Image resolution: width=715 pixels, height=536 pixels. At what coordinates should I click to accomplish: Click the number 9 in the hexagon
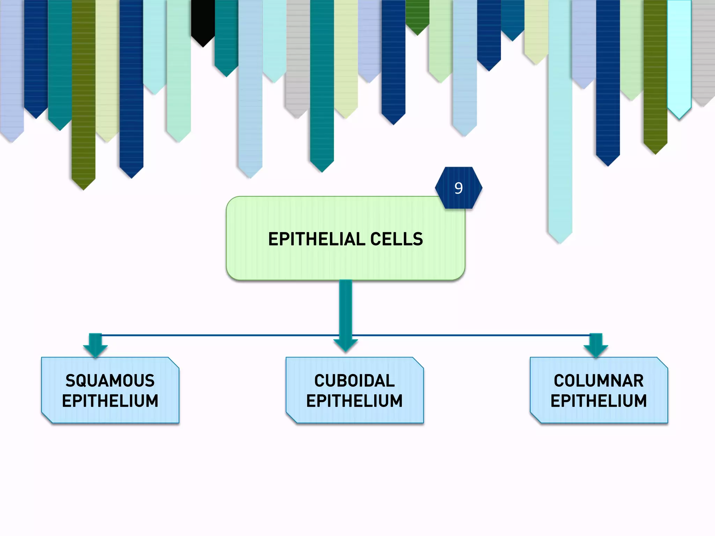[x=458, y=188]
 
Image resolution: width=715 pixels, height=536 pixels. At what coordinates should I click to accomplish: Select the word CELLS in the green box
[x=397, y=239]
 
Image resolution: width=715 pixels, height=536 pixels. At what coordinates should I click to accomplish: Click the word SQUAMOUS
[x=110, y=381]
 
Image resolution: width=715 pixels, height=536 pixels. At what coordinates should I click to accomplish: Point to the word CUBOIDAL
[x=354, y=381]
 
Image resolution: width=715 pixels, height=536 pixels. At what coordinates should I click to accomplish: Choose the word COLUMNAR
[x=598, y=381]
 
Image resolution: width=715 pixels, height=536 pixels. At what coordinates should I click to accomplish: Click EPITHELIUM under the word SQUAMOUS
[x=110, y=401]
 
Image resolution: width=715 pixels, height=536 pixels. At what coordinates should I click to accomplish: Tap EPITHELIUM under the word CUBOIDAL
[x=354, y=401]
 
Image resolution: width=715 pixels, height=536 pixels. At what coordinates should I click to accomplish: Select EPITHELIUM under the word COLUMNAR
[x=598, y=401]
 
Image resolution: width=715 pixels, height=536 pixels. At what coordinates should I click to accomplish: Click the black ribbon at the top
[x=203, y=17]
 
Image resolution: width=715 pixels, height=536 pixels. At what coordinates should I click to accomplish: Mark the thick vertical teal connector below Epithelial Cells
[x=346, y=307]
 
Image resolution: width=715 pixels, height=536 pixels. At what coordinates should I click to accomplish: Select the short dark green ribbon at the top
[x=417, y=14]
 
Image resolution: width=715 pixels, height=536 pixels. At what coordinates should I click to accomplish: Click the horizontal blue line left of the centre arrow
[x=216, y=335]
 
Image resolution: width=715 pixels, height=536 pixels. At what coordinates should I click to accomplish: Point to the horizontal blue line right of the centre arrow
[x=471, y=335]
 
